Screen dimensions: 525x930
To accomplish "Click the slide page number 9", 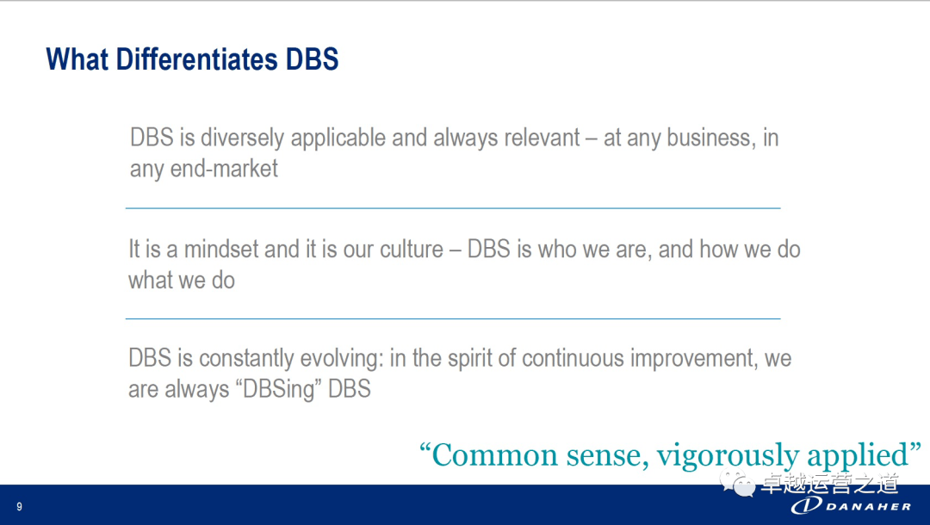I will [19, 507].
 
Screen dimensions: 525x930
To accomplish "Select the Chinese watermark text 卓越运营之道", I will [828, 483].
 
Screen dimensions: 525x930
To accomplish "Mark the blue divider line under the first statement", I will [452, 208].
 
